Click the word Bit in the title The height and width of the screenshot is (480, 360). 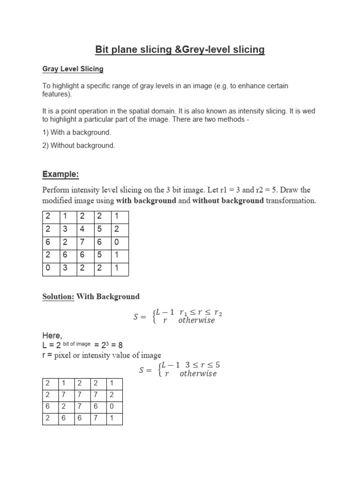tap(103, 49)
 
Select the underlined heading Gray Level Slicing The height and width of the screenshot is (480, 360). tap(73, 69)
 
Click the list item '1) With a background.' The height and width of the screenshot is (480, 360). tap(77, 133)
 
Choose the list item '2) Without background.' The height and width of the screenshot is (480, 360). tap(79, 145)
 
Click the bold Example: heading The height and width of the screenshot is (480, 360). tap(60, 174)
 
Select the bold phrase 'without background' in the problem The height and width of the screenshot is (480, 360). tap(228, 201)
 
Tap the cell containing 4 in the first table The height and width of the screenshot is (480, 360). tap(82, 230)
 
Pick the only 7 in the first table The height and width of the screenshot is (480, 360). tap(82, 242)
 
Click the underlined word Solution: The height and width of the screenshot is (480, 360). tap(59, 296)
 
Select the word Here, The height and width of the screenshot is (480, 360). tap(52, 336)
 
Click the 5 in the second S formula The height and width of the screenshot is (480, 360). tap(217, 365)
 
